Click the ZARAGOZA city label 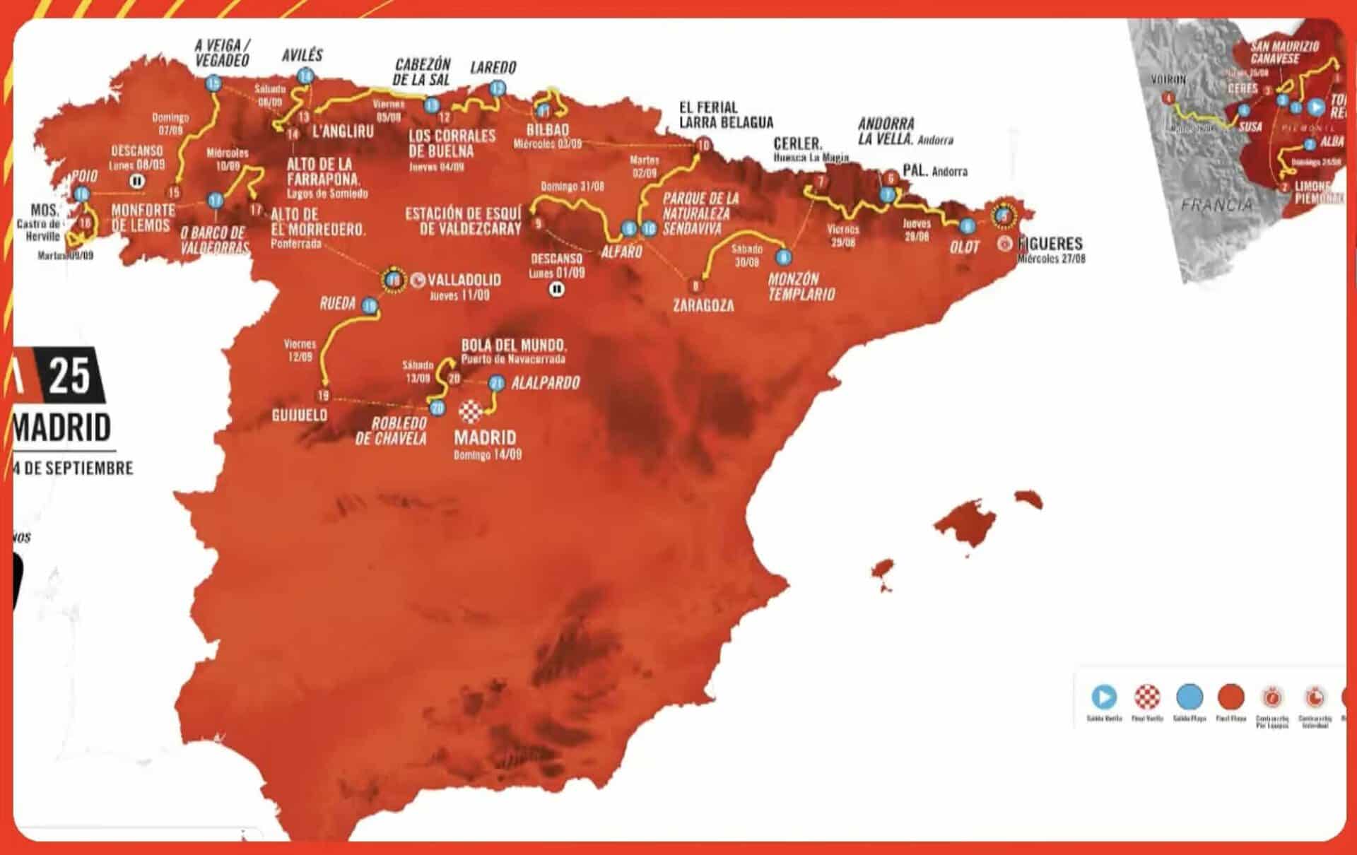pyautogui.click(x=703, y=305)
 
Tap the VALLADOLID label pyautogui.click(x=464, y=279)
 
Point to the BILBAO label pyautogui.click(x=548, y=130)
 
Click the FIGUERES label pyautogui.click(x=1050, y=244)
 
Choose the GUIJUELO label pyautogui.click(x=300, y=415)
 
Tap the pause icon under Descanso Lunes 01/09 pyautogui.click(x=557, y=288)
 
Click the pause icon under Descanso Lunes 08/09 pyautogui.click(x=137, y=181)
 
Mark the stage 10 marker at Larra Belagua pyautogui.click(x=703, y=146)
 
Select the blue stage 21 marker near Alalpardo pyautogui.click(x=497, y=383)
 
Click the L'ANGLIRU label pyautogui.click(x=343, y=131)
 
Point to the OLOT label pyautogui.click(x=965, y=247)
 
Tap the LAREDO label pyautogui.click(x=493, y=68)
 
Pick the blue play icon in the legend pyautogui.click(x=1104, y=697)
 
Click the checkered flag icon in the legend pyautogui.click(x=1147, y=697)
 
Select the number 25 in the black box pyautogui.click(x=69, y=375)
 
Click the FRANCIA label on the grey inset pyautogui.click(x=1216, y=205)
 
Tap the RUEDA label pyautogui.click(x=338, y=304)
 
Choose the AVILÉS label pyautogui.click(x=302, y=55)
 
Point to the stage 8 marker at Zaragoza pyautogui.click(x=696, y=285)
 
